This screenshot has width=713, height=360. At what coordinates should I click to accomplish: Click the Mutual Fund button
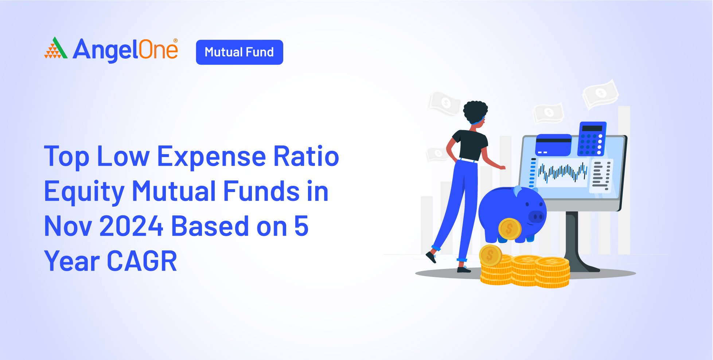click(239, 52)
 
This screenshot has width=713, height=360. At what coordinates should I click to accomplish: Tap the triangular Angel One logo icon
click(56, 48)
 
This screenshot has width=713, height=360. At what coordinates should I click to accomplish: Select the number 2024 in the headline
click(131, 226)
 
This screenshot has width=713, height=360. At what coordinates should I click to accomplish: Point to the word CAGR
click(142, 261)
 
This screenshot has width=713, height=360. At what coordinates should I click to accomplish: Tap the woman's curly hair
click(475, 111)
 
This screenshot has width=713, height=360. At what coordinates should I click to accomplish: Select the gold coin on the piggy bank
click(510, 229)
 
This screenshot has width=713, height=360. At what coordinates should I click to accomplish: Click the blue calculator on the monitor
click(592, 138)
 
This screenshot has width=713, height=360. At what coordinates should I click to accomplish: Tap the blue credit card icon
click(553, 145)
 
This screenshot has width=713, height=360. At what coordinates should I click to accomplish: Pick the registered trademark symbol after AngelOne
click(176, 41)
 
